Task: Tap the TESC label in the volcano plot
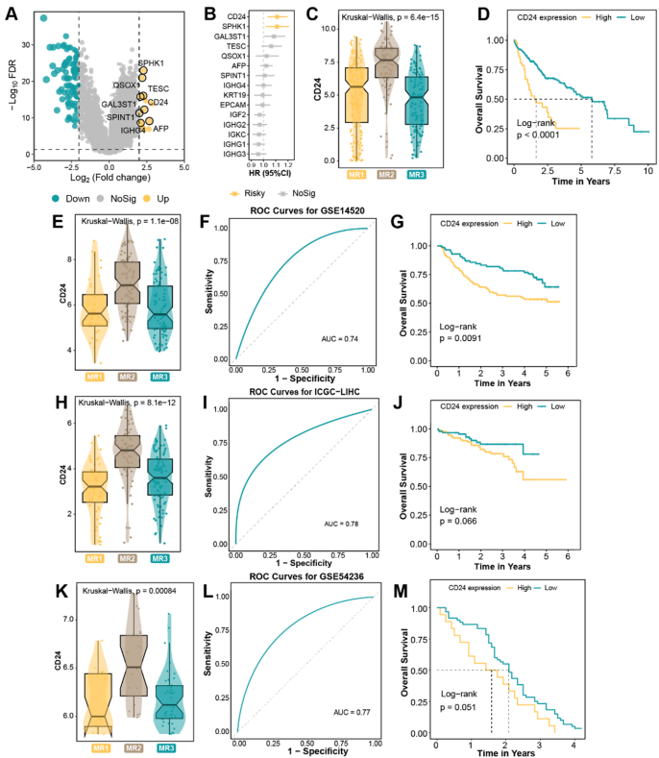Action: click(159, 87)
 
